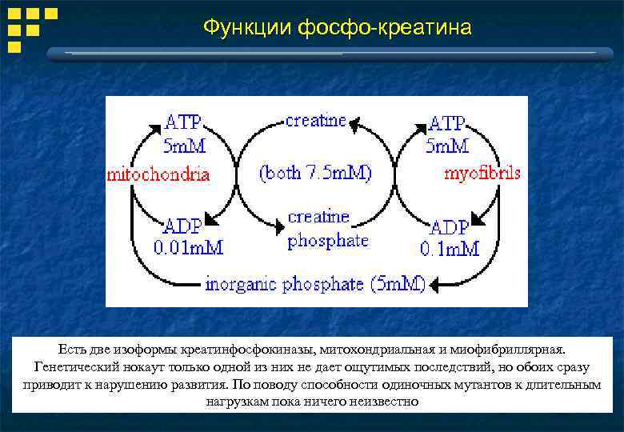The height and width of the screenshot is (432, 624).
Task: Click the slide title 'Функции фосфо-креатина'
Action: [337, 29]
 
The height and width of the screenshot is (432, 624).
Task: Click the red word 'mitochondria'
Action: [158, 174]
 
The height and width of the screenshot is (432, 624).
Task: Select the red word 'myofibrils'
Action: [482, 173]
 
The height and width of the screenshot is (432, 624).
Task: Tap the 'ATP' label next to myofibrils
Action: [447, 124]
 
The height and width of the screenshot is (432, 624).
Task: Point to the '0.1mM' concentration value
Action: [450, 248]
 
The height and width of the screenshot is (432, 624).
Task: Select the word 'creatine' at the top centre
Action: [316, 121]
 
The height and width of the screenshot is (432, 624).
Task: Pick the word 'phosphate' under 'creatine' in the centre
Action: [328, 240]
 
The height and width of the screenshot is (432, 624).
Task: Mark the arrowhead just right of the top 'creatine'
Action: [356, 123]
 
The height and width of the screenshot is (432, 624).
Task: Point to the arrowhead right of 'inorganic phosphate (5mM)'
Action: [438, 283]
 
